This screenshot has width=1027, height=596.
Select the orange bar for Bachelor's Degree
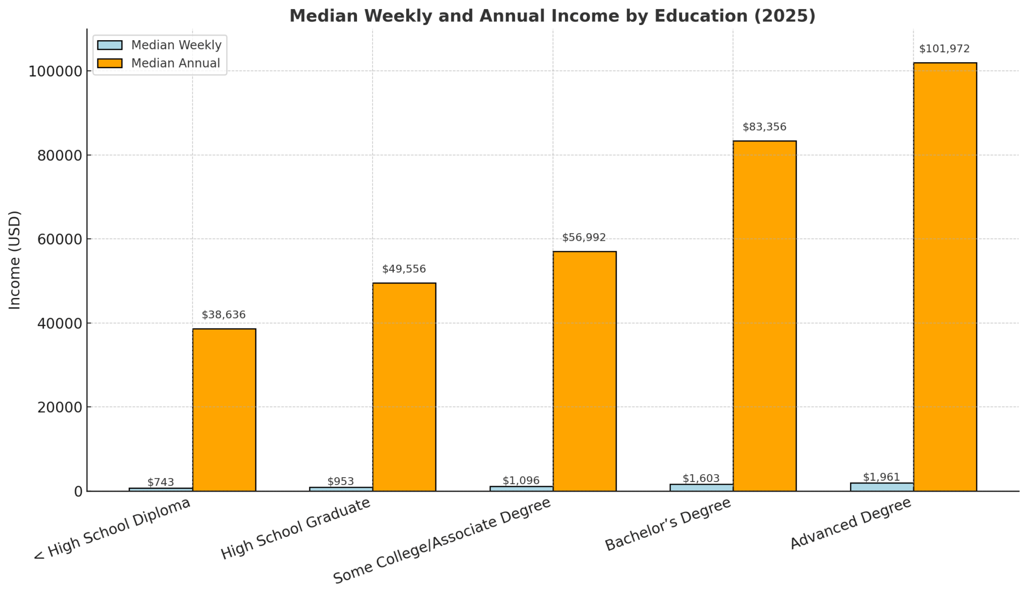(x=764, y=316)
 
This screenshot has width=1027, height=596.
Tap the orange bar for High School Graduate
(x=404, y=387)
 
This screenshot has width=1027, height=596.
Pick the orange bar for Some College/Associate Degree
(x=584, y=371)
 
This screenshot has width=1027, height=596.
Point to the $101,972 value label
(x=944, y=49)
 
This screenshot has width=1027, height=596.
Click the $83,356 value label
(x=764, y=127)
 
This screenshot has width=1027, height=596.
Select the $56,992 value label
(x=584, y=238)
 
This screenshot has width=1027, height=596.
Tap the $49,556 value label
(x=404, y=269)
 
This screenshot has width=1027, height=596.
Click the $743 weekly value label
(x=160, y=482)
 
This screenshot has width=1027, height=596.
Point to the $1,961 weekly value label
(x=881, y=477)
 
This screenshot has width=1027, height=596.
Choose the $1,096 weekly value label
(x=521, y=481)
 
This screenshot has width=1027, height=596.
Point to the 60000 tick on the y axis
(x=59, y=239)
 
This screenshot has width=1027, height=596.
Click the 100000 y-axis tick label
(x=55, y=71)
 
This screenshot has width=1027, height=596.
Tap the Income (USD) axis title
(x=15, y=260)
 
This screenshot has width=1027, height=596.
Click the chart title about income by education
(x=552, y=16)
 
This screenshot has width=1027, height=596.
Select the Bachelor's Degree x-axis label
(x=668, y=525)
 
